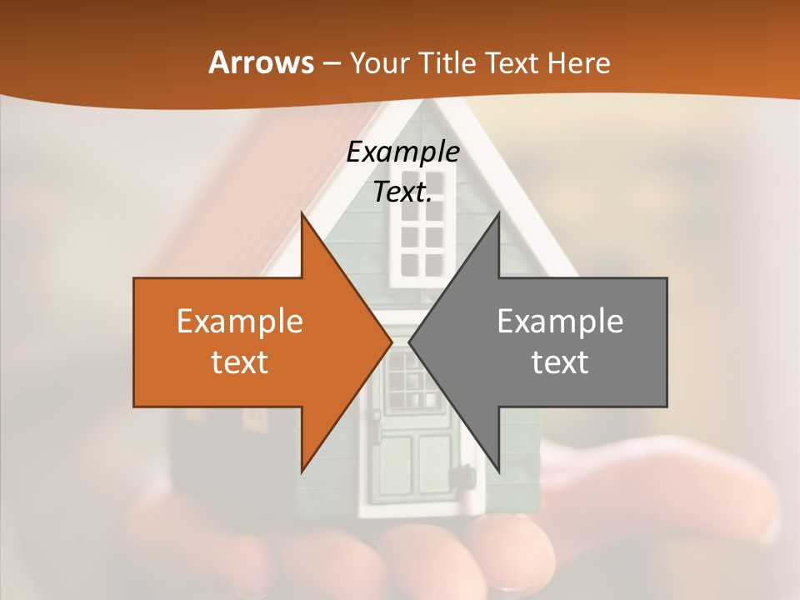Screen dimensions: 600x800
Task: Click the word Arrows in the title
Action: (261, 62)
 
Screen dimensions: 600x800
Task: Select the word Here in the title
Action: (578, 62)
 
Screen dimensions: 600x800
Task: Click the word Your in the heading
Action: (380, 62)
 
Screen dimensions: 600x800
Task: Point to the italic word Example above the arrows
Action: (402, 152)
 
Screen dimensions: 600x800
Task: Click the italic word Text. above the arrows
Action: (402, 192)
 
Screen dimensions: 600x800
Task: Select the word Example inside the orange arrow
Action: (239, 321)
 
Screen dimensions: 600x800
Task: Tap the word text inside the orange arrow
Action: (239, 362)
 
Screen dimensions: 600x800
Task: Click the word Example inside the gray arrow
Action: (560, 321)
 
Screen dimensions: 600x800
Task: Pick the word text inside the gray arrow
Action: (560, 362)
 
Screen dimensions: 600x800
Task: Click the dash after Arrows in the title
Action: (331, 63)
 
